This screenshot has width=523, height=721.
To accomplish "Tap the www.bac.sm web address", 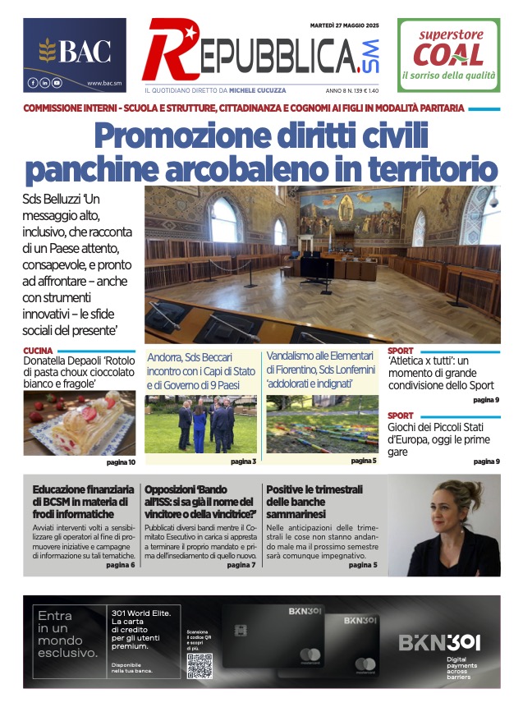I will pyautogui.click(x=104, y=83).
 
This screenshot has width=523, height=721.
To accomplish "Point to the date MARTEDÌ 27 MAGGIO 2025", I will pyautogui.click(x=344, y=25).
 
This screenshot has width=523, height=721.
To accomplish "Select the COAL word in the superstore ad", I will pyautogui.click(x=447, y=55).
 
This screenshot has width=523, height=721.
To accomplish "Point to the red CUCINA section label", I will pyautogui.click(x=39, y=351).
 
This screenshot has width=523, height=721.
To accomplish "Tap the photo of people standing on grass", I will pyautogui.click(x=200, y=424).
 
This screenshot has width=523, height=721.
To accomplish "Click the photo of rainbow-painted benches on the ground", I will pyautogui.click(x=323, y=424).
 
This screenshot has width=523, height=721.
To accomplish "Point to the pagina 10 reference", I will pyautogui.click(x=121, y=462).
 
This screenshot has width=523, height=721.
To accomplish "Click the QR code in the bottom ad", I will pyautogui.click(x=200, y=666).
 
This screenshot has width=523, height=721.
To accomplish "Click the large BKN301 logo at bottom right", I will pyautogui.click(x=439, y=643).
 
